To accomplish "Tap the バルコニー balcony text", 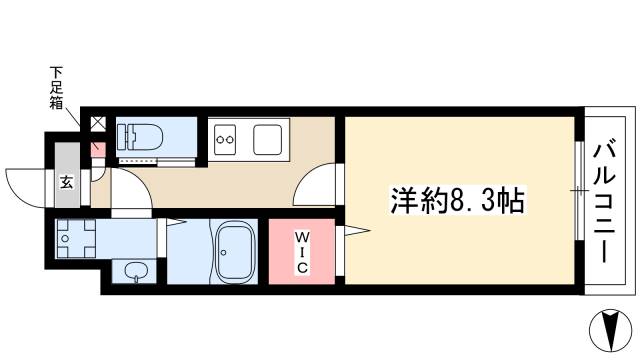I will click(604, 201).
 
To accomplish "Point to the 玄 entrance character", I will click(65, 182).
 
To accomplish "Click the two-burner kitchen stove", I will click(225, 139).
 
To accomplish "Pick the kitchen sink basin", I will click(267, 138).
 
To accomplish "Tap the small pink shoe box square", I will click(98, 149).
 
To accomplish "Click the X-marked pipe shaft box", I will click(98, 125).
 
